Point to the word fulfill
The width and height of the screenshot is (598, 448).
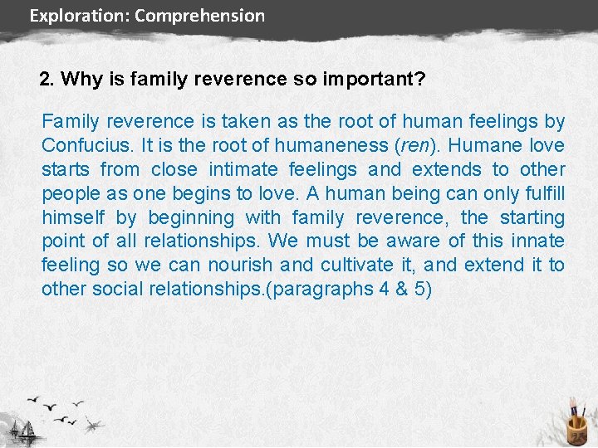pos(546,194)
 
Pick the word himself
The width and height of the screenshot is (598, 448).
pos(74,218)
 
